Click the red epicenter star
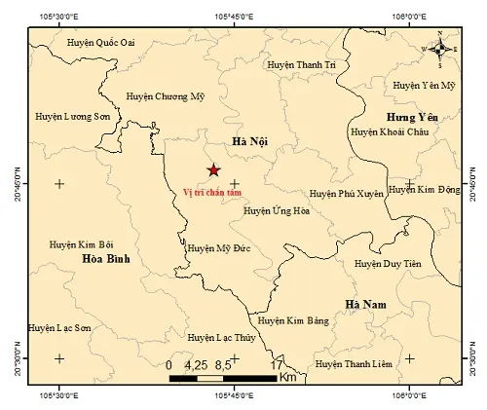(x=213, y=170)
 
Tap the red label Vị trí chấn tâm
(x=213, y=191)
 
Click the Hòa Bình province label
(x=105, y=259)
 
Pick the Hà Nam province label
(x=366, y=305)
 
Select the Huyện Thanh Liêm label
(x=353, y=364)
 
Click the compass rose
(x=440, y=49)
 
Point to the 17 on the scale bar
(x=277, y=364)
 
